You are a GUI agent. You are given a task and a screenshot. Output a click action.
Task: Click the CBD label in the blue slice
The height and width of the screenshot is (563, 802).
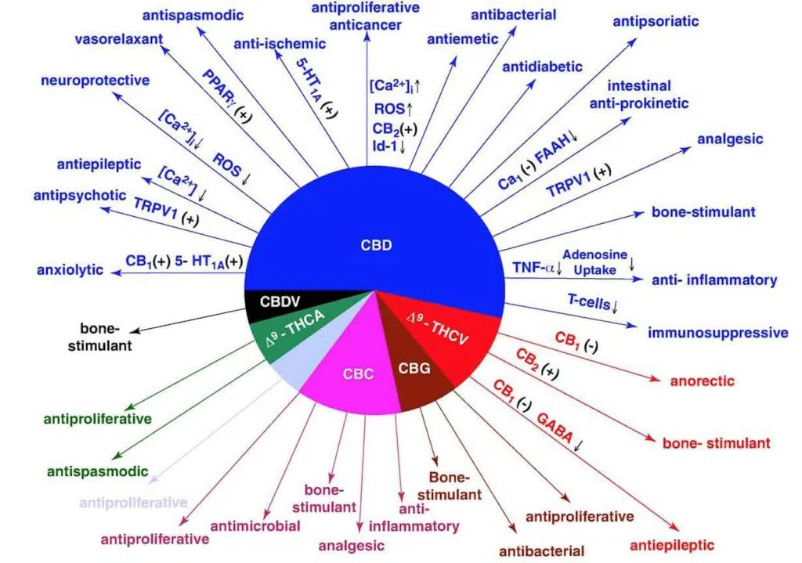(x=377, y=244)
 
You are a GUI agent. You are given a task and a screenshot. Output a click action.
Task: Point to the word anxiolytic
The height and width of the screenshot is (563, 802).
(x=70, y=270)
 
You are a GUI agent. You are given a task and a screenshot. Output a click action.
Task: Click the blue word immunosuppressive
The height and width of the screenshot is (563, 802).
(x=717, y=333)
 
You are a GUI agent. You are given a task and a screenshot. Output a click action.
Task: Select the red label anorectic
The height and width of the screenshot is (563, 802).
(x=702, y=381)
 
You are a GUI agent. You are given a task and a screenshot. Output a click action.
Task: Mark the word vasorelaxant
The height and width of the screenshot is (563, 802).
(x=119, y=40)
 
